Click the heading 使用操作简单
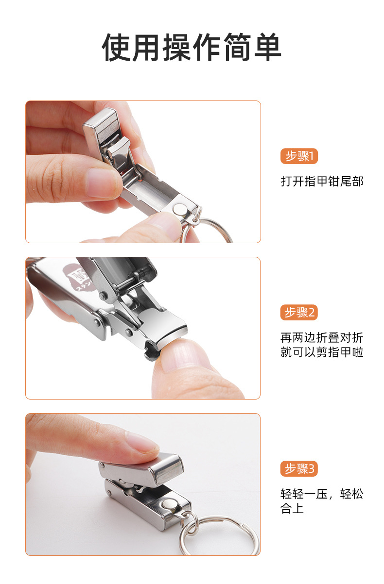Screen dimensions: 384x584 click(192, 47)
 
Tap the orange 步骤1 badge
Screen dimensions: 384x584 click(299, 156)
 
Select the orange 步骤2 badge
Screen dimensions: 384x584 click(299, 312)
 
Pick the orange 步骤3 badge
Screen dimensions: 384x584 click(299, 468)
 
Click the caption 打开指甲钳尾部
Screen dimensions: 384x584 click(322, 182)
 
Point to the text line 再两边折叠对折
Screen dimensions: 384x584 click(322, 338)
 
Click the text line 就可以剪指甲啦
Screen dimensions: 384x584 click(322, 352)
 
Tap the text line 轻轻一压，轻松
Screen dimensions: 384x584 click(322, 494)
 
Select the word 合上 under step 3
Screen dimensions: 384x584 click(292, 508)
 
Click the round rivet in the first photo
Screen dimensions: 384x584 click(179, 209)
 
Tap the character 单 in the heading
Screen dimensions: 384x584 click(267, 47)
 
